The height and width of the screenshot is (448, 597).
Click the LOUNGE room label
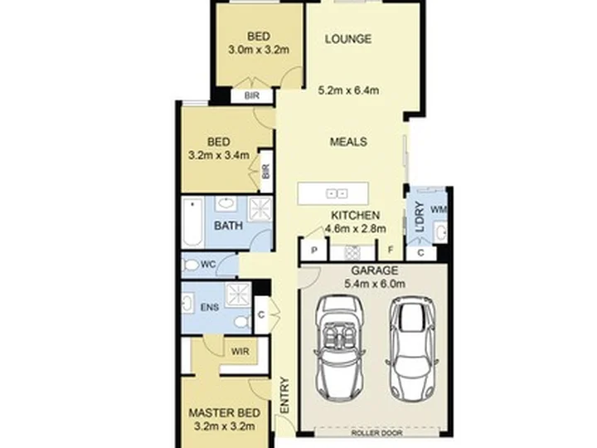348,39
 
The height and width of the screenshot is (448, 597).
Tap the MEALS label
348,142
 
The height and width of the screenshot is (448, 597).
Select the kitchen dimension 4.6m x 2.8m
355,229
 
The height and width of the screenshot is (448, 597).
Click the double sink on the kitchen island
337,194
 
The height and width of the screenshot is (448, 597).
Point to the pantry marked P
314,250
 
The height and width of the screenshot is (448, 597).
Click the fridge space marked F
391,250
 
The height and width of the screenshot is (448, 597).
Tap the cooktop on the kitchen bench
352,252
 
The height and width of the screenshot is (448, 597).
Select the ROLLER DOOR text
376,433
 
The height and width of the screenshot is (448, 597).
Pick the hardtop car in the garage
412,348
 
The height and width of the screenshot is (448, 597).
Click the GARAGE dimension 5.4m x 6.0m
375,284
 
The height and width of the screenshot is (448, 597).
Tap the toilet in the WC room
191,265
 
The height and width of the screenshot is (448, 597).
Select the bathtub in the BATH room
193,223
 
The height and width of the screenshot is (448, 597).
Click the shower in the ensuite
238,294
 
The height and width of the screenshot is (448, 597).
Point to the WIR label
240,351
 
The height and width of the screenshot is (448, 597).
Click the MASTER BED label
224,413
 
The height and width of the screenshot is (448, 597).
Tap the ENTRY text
284,395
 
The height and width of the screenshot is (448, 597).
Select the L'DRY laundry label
420,217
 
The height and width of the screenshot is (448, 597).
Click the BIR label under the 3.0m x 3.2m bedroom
252,95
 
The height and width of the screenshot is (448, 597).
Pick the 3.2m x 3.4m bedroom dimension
219,155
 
